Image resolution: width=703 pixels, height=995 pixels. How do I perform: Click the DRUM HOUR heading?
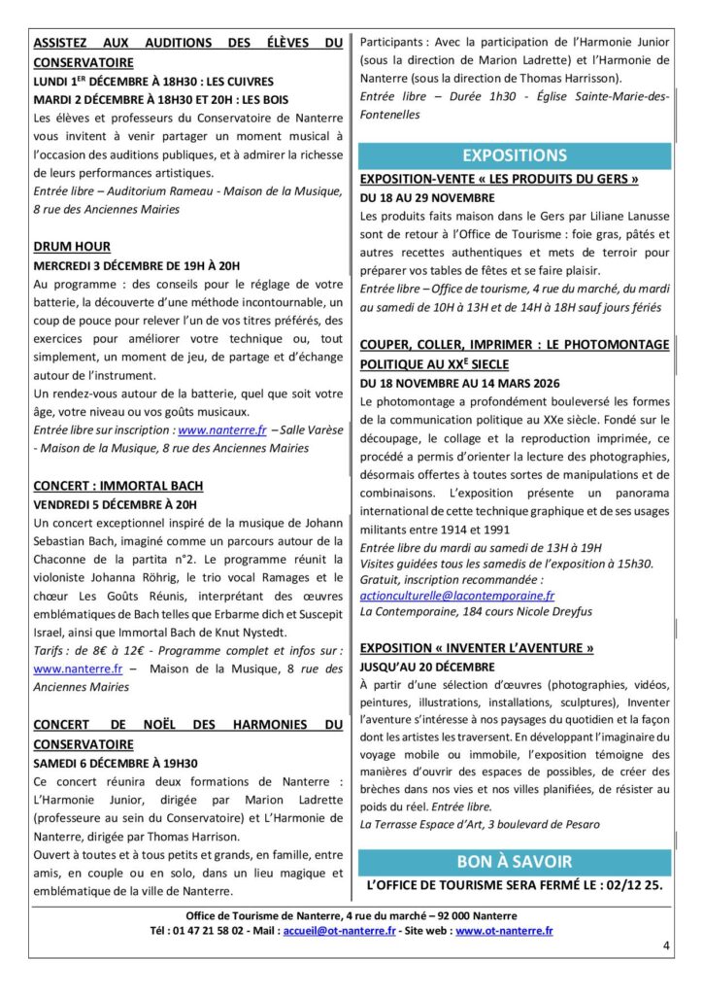[x=72, y=247]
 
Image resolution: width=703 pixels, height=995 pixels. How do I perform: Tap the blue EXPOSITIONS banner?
[x=515, y=155]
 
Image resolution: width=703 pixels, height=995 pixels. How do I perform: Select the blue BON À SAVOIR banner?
[x=515, y=861]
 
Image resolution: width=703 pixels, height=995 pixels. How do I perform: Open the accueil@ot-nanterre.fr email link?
[x=339, y=930]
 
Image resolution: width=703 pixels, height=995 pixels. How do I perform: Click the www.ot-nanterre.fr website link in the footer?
[x=504, y=930]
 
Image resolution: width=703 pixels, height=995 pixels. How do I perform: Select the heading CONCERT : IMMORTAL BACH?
[x=118, y=486]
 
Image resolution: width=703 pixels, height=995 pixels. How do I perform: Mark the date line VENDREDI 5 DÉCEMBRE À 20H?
[x=115, y=504]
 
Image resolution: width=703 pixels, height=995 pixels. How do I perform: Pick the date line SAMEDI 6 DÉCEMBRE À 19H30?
[x=115, y=763]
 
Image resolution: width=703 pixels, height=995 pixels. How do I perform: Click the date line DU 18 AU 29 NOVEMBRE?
[x=427, y=197]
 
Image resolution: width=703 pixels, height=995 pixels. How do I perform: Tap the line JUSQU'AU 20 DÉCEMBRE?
[x=427, y=667]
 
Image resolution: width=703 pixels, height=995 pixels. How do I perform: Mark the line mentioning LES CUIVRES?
[x=154, y=81]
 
